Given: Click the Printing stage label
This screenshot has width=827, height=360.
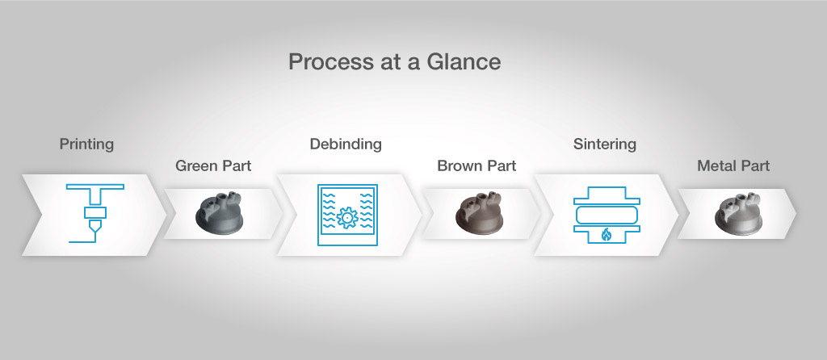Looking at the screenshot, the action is tap(86, 144).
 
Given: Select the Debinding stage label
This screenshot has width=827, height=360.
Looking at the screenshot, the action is tap(346, 144).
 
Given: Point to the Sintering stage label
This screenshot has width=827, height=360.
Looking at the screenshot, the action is tap(604, 144).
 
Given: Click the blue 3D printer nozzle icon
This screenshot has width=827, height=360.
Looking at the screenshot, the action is tap(95, 213).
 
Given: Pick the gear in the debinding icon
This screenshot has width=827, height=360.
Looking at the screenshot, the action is tap(347, 218).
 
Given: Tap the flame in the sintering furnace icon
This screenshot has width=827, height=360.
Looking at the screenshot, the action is tap(607, 235).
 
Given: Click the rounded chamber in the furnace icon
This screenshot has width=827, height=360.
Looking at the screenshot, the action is tap(607, 215).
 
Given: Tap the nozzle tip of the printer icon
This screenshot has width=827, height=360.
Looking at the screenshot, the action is tap(95, 232).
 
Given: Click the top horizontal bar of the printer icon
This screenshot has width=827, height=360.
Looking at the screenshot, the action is tap(95, 186).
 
